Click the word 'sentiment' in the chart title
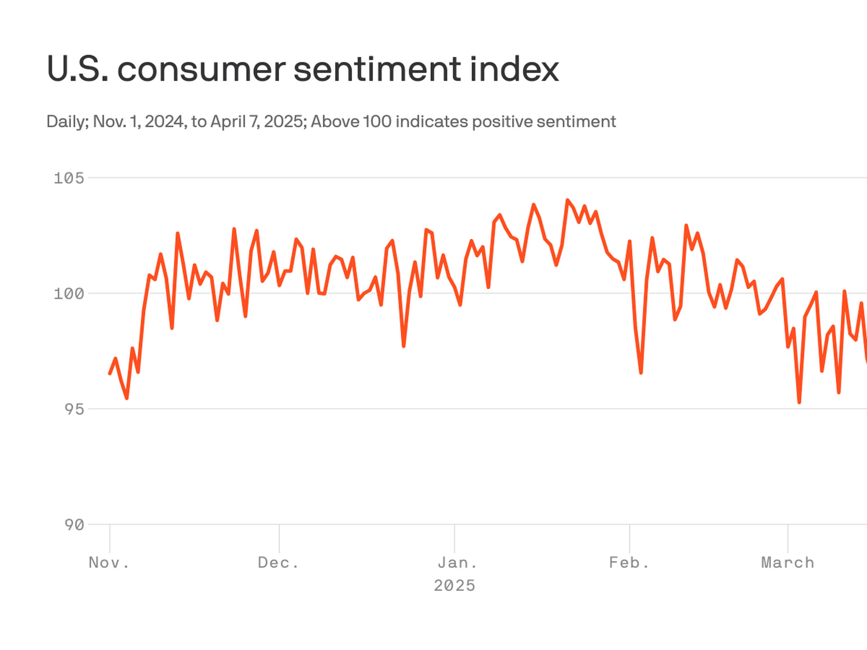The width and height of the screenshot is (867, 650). [x=378, y=70]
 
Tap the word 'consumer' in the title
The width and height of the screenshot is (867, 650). [x=201, y=70]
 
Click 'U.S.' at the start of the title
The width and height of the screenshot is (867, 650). [x=77, y=70]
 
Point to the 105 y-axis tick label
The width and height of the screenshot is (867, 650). [x=69, y=178]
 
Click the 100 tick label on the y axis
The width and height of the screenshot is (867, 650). [x=69, y=294]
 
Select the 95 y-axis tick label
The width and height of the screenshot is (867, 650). [x=74, y=409]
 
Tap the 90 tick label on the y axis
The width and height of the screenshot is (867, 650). [x=74, y=525]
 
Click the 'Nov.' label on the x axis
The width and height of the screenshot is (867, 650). [x=109, y=563]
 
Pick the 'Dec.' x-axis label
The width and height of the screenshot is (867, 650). [x=279, y=563]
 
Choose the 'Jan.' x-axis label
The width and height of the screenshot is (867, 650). [x=457, y=563]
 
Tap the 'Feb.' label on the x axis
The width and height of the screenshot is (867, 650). [x=629, y=563]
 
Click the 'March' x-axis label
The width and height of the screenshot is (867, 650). [x=788, y=563]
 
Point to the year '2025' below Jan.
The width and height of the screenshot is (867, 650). [x=454, y=586]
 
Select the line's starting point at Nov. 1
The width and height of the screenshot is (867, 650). [x=110, y=374]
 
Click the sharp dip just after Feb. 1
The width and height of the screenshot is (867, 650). [x=641, y=373]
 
